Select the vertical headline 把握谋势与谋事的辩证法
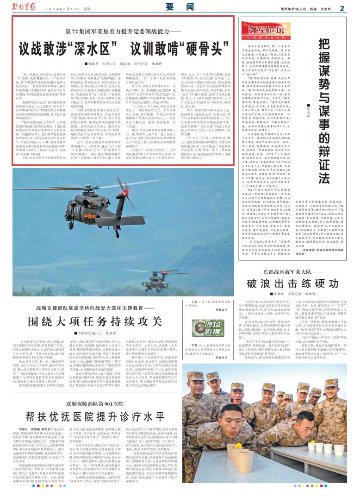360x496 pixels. pyautogui.click(x=325, y=111)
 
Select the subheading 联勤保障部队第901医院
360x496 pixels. pyautogui.click(x=92, y=402)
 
